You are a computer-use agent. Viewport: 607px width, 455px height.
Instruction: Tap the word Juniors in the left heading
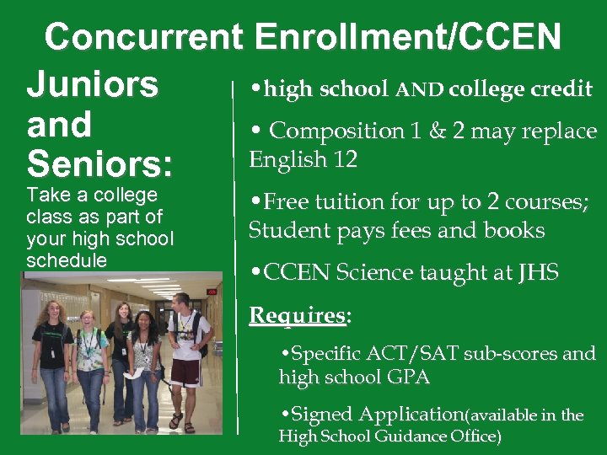point(93,84)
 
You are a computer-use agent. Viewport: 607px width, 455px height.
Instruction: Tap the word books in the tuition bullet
point(516,230)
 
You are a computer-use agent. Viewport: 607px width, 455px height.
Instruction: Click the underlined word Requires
point(297,316)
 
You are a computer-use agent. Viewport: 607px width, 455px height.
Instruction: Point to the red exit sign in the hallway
point(212,292)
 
